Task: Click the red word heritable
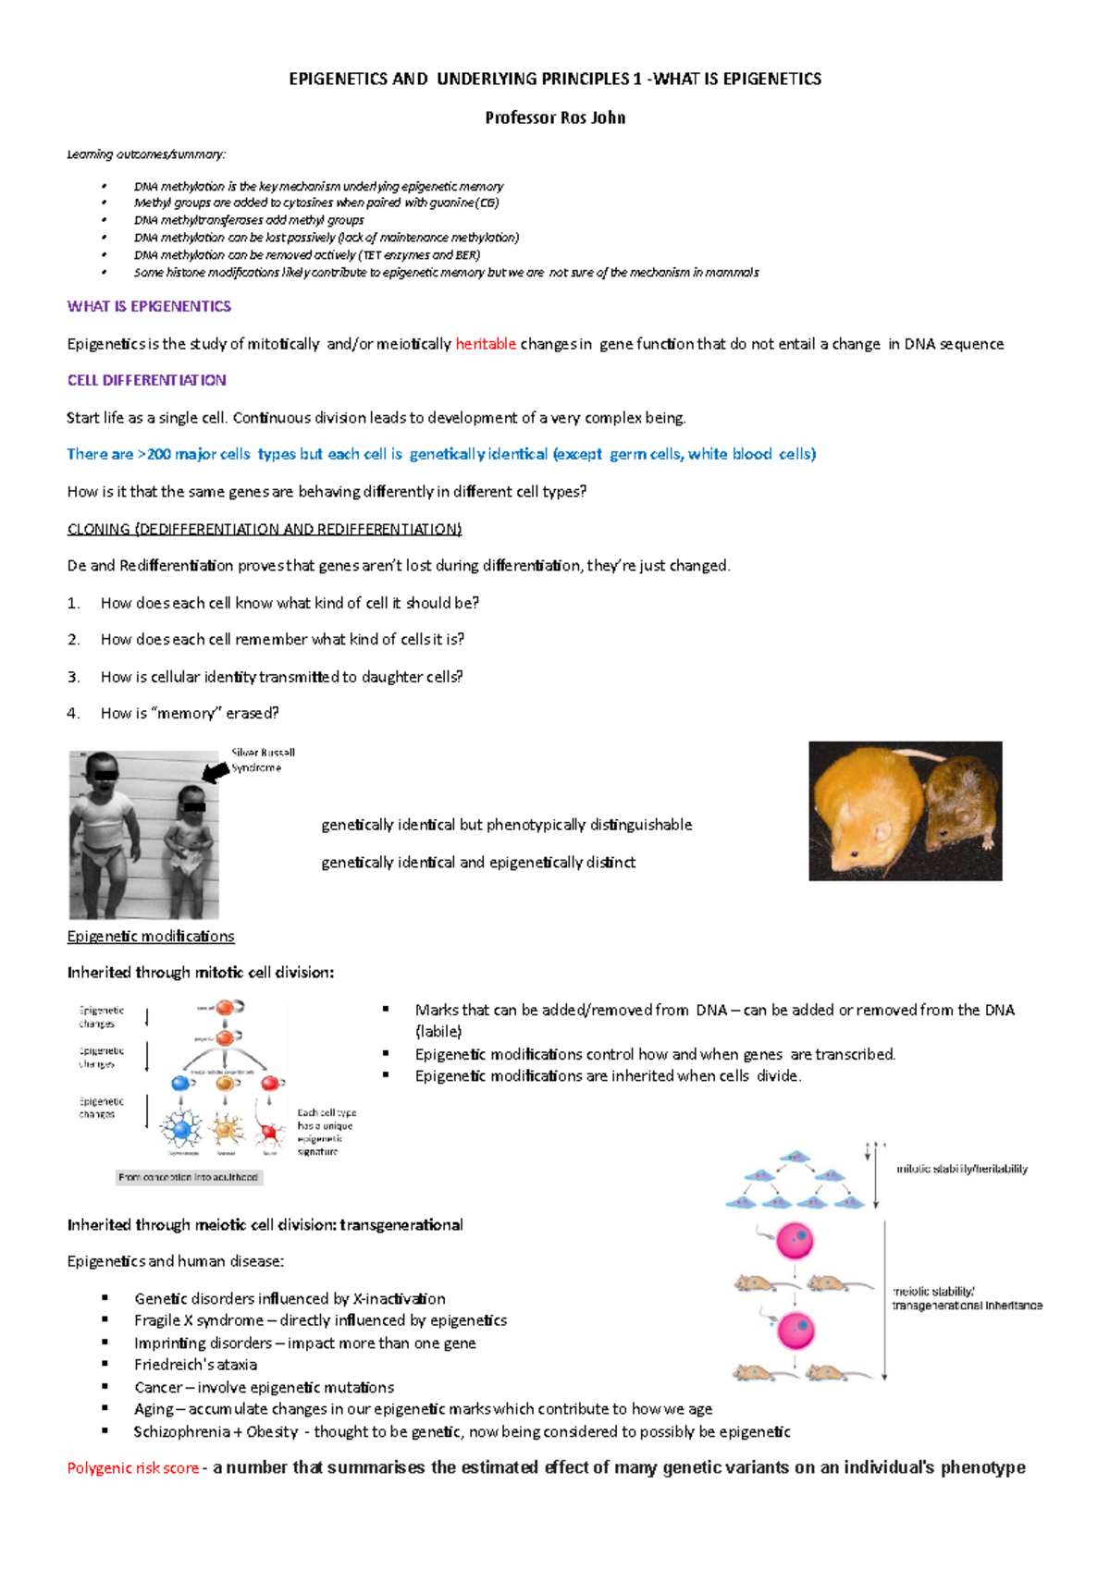[x=486, y=344]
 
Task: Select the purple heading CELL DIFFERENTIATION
[x=146, y=380]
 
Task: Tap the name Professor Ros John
[x=555, y=117]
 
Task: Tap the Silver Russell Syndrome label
[x=262, y=760]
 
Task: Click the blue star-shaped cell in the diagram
[x=181, y=1129]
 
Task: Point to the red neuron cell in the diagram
[x=270, y=1131]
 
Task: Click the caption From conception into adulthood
[x=189, y=1177]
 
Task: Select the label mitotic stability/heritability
[x=962, y=1169]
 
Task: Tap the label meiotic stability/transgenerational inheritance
[x=966, y=1298]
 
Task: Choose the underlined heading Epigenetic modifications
[x=151, y=937]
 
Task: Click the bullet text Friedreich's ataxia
[x=195, y=1365]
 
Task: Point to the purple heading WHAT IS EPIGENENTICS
[x=149, y=306]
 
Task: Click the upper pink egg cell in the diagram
[x=795, y=1241]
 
